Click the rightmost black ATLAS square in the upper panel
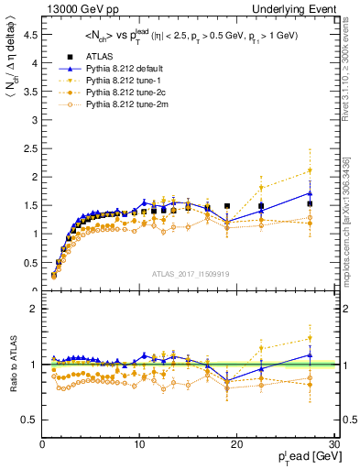coord(310,204)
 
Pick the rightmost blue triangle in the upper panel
coord(310,193)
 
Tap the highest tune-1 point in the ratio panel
coord(310,339)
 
